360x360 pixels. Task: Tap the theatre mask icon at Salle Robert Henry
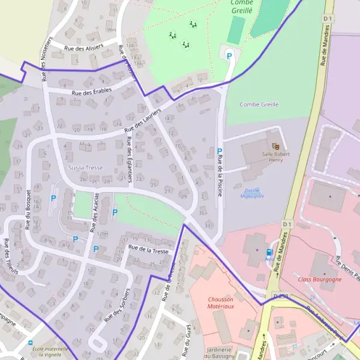pyautogui.click(x=276, y=146)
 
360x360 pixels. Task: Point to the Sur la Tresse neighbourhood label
pyautogui.click(x=86, y=168)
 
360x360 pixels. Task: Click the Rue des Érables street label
pyautogui.click(x=91, y=91)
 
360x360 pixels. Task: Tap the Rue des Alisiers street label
pyautogui.click(x=83, y=46)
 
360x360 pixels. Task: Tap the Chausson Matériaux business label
pyautogui.click(x=221, y=302)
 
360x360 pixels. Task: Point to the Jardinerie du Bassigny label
pyautogui.click(x=221, y=353)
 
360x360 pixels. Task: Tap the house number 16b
pyautogui.click(x=130, y=46)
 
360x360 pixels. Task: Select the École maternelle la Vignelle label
pyautogui.click(x=50, y=352)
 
